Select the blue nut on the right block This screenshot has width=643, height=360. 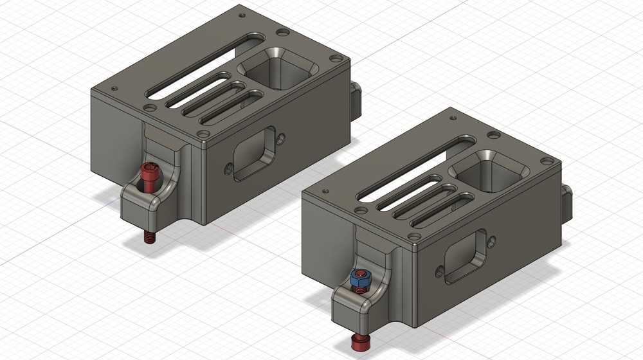(x=360, y=278)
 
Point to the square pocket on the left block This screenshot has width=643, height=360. (x=278, y=67)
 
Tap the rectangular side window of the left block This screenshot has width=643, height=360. (x=253, y=154)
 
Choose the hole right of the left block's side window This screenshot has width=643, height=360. (x=280, y=138)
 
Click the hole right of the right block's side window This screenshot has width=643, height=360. (x=492, y=240)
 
